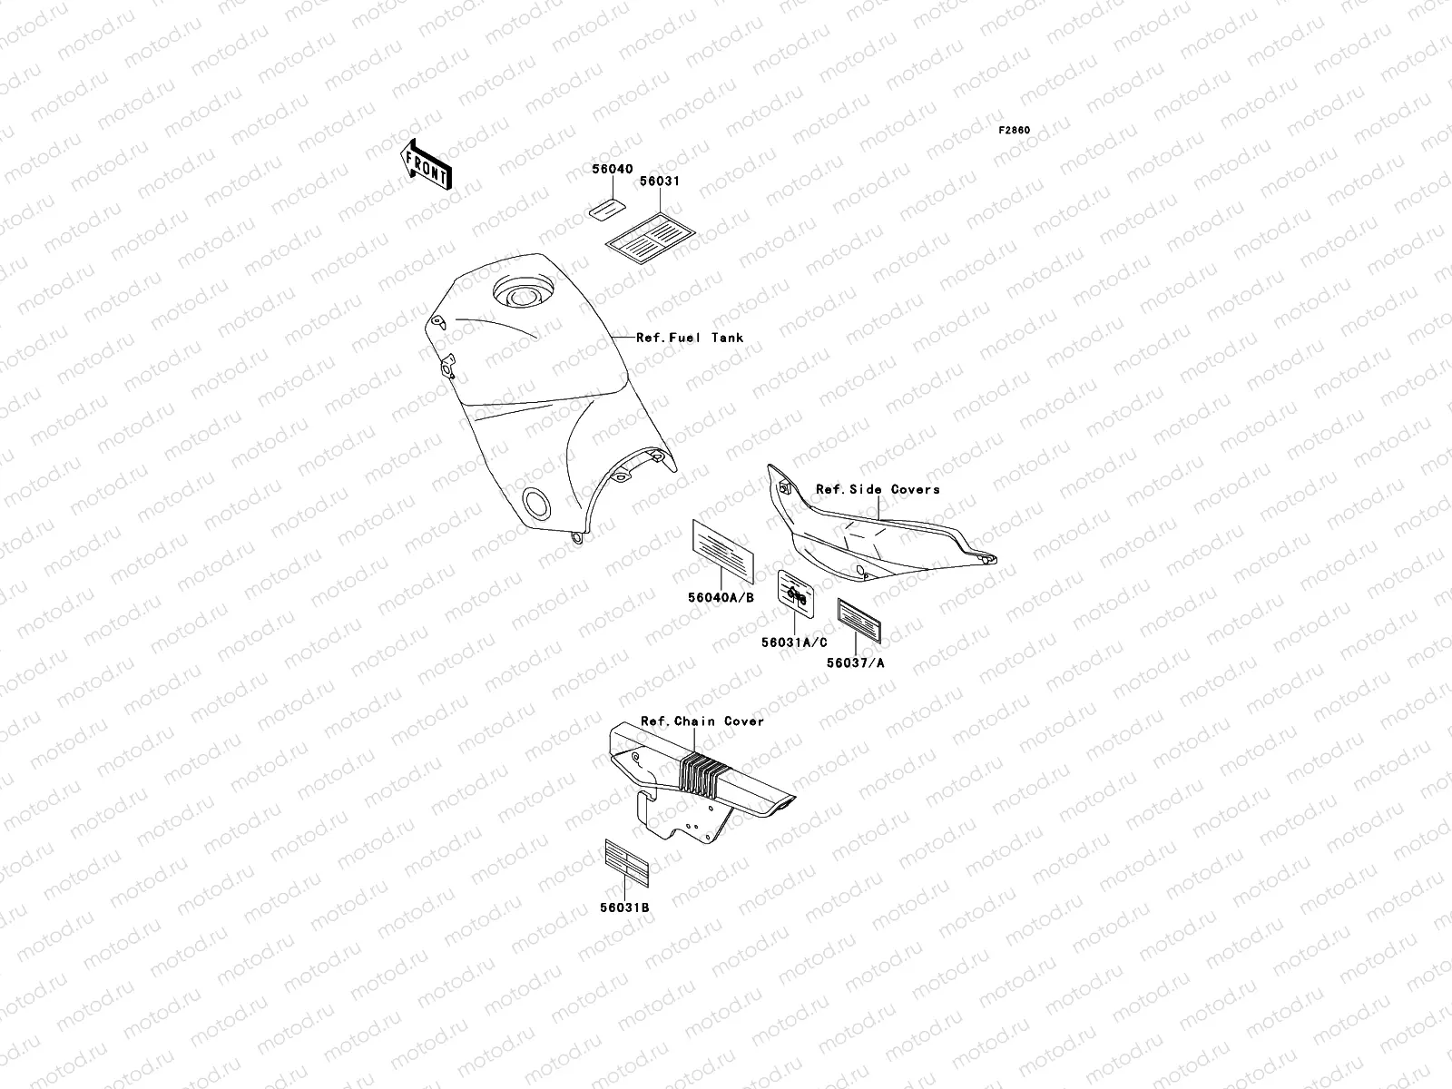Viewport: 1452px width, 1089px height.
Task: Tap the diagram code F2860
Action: click(x=1015, y=130)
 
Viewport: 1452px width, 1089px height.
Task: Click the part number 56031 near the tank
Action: click(x=660, y=181)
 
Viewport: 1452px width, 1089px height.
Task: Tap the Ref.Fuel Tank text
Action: click(x=690, y=338)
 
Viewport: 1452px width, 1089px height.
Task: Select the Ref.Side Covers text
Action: click(x=878, y=489)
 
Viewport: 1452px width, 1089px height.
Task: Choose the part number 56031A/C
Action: click(x=794, y=643)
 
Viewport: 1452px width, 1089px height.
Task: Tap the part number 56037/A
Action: click(x=855, y=662)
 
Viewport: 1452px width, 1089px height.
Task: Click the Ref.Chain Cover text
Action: click(x=702, y=721)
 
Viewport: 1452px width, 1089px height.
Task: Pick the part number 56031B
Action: click(x=624, y=907)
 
